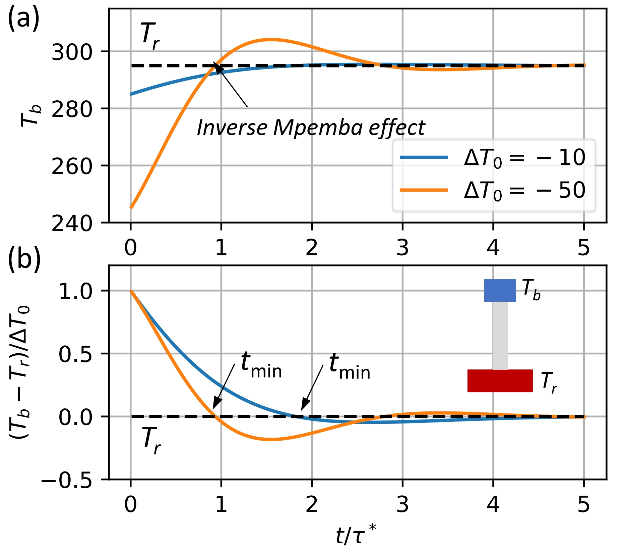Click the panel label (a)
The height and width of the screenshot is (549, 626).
(x=23, y=19)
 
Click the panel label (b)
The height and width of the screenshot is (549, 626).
(x=24, y=259)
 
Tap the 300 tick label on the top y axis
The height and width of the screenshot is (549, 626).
(x=72, y=52)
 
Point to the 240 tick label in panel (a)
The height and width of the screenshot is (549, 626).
(x=72, y=223)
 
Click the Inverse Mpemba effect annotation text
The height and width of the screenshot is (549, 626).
(x=311, y=128)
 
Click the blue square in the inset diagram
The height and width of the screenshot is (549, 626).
(x=500, y=291)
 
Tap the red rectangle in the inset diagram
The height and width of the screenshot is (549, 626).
(x=500, y=381)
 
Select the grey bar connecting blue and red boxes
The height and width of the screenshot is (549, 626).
(x=500, y=336)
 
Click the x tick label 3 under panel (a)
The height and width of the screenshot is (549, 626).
(x=402, y=248)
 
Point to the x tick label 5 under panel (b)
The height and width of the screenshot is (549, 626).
(x=583, y=504)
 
